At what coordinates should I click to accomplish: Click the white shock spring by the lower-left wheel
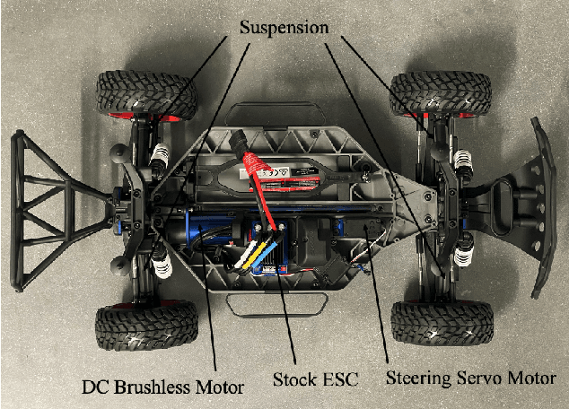pyautogui.click(x=159, y=261)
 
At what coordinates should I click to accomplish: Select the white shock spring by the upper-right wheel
pyautogui.click(x=463, y=162)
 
